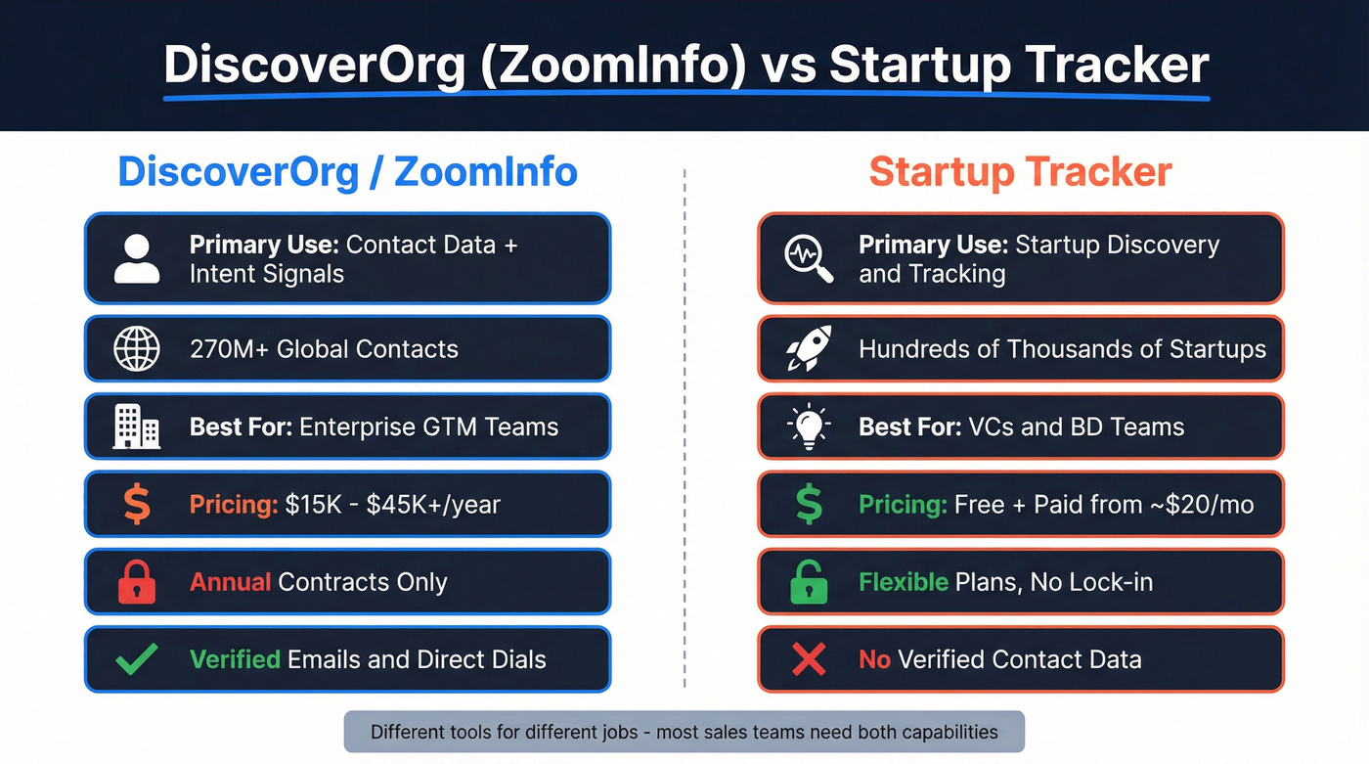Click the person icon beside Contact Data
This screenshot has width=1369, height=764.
137,258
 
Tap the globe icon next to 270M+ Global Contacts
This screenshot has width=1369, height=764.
137,349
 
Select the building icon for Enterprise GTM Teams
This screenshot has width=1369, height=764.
137,427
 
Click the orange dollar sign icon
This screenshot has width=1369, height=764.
137,505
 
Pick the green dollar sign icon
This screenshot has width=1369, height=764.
809,505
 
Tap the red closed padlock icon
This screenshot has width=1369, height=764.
137,582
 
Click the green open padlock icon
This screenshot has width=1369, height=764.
809,582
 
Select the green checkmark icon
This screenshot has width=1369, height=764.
137,659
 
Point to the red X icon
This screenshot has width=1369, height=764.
809,659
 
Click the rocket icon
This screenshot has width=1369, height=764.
809,349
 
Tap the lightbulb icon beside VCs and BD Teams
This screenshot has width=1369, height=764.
809,427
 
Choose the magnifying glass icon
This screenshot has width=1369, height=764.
809,258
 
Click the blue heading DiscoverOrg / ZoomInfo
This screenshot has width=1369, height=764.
347,172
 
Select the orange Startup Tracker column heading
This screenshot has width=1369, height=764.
1020,172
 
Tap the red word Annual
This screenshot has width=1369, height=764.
230,582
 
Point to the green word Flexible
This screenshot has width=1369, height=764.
903,582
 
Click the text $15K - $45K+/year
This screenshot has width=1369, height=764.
392,505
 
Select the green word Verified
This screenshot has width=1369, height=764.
235,659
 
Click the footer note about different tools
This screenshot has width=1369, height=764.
684,732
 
